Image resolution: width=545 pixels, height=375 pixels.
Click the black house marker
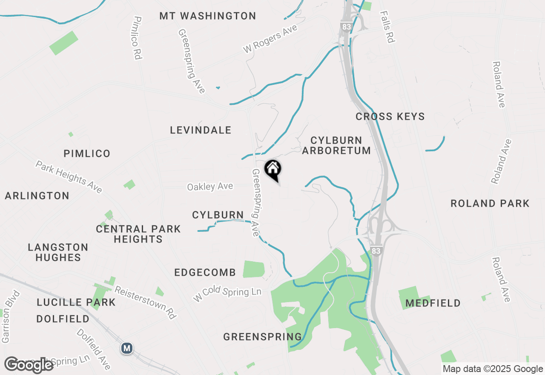[272, 170]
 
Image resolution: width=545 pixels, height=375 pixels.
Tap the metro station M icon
[126, 348]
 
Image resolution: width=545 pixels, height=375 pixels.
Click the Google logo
[29, 365]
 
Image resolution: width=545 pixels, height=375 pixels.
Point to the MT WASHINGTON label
[208, 16]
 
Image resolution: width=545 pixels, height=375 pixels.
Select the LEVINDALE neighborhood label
[201, 130]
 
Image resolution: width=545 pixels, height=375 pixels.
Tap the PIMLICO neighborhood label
[87, 153]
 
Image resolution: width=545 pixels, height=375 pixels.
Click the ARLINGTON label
[37, 196]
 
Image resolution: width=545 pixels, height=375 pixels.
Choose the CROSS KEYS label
[390, 117]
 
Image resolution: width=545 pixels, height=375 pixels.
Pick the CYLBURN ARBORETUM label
[336, 145]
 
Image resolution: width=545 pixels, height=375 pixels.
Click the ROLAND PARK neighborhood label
[490, 204]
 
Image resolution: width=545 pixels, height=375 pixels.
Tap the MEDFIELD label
[433, 303]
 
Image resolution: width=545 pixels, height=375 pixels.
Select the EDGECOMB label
[205, 273]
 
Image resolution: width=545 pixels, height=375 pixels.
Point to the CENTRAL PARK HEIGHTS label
[138, 234]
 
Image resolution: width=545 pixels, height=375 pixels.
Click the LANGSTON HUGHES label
[58, 252]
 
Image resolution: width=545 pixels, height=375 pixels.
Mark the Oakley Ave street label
[210, 187]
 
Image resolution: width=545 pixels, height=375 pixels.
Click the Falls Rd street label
[388, 27]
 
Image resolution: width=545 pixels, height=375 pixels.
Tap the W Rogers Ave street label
[270, 39]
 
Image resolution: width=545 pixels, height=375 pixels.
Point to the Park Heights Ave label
[69, 176]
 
